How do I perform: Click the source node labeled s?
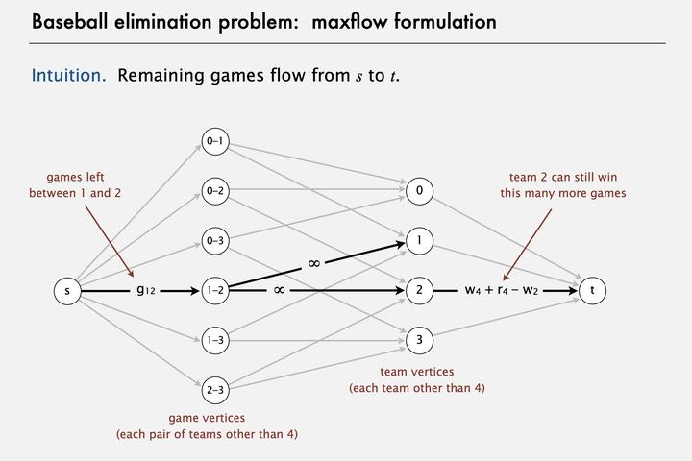66,290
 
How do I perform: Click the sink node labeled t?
593,290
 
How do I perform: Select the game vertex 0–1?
214,141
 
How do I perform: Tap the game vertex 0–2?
214,190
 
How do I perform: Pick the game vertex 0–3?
214,240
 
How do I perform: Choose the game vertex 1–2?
214,290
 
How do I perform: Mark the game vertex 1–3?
214,340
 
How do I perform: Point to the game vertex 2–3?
214,390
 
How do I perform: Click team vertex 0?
419,191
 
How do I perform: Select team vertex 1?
419,241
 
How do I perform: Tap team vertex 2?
419,290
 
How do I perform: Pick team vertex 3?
419,339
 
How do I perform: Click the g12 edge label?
146,290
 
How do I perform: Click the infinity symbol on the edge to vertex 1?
313,261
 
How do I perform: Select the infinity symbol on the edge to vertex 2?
279,289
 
